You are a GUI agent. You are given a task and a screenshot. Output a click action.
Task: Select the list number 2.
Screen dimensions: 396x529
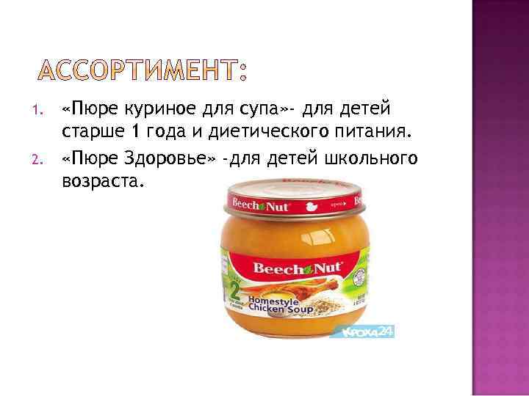42,156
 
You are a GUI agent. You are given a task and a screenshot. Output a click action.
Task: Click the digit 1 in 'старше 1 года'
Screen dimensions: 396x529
134,133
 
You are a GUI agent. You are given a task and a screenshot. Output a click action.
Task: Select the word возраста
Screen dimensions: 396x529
100,179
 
